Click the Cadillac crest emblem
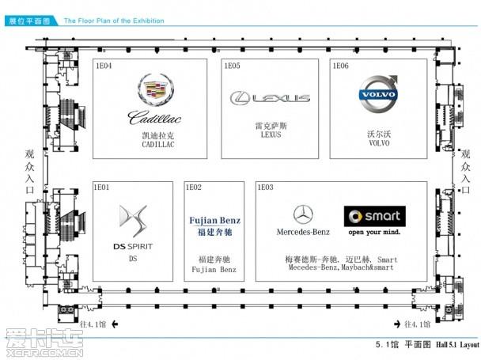click(155, 91)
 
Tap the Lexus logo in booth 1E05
click(270, 98)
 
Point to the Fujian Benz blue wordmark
click(214, 221)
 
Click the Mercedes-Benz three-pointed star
click(302, 214)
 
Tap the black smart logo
click(374, 215)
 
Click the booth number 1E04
click(103, 66)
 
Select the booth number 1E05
click(232, 66)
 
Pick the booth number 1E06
click(340, 66)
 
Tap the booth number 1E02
click(194, 188)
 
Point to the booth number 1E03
click(266, 188)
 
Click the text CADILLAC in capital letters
click(157, 146)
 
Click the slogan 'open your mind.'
click(375, 233)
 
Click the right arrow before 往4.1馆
click(396, 324)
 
